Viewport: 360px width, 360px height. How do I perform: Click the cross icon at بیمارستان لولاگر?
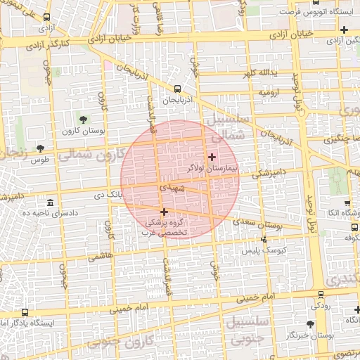click(212, 156)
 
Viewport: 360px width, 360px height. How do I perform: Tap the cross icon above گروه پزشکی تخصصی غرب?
click(164, 212)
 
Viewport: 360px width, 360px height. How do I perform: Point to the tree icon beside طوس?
click(39, 148)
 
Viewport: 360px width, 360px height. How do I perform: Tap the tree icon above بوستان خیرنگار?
click(310, 323)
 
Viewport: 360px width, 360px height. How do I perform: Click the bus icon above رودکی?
click(321, 295)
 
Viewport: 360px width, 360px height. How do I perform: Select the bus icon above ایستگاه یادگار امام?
click(25, 311)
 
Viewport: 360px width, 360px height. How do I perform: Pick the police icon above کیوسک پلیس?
click(263, 240)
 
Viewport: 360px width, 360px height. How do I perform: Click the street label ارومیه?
click(269, 92)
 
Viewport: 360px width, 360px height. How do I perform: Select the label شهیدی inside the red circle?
click(172, 188)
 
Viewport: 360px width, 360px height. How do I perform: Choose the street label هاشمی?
click(100, 258)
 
